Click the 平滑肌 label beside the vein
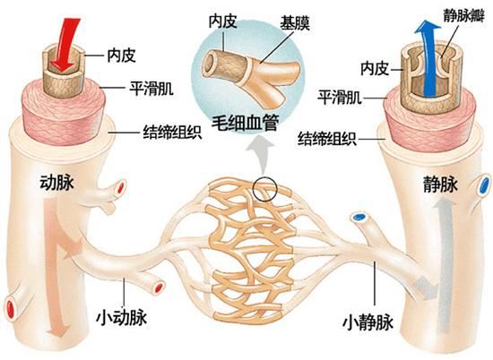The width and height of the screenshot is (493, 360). click(x=342, y=95)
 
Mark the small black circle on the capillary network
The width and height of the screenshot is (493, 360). click(x=266, y=189)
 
